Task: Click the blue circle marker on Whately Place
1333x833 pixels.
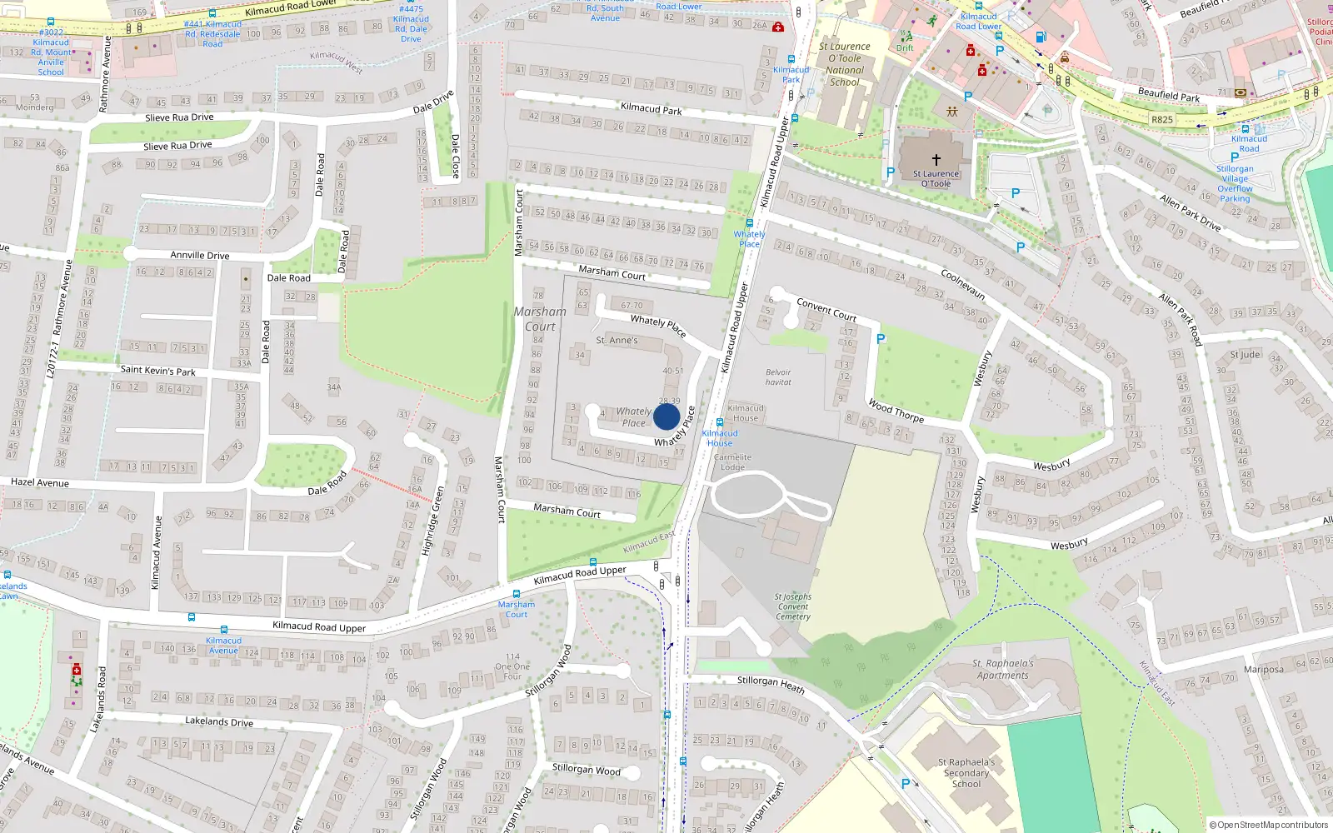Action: (x=666, y=416)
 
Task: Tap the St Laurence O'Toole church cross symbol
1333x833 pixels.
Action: (x=936, y=159)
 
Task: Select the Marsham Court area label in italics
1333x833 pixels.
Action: (x=540, y=319)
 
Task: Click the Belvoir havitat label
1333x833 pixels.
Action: (x=778, y=377)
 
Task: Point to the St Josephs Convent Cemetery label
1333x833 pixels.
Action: (x=792, y=606)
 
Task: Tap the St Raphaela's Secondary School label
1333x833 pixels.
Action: (x=966, y=773)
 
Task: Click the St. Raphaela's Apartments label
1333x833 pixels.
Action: (x=1002, y=670)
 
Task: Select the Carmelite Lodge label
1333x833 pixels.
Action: (x=732, y=462)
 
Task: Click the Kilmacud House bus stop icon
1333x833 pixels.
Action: (x=720, y=422)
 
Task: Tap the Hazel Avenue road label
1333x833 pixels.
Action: (x=40, y=482)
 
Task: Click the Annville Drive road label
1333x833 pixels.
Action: (x=199, y=255)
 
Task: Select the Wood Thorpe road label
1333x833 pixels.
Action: (x=896, y=411)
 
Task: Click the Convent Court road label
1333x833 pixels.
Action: (x=826, y=309)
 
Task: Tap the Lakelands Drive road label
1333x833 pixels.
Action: (x=218, y=721)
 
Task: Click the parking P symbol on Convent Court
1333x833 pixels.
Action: (x=881, y=339)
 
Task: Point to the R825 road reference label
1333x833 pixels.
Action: (x=1161, y=119)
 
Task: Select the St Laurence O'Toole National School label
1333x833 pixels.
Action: (x=844, y=64)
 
